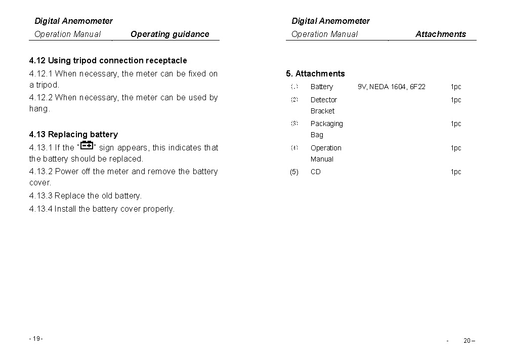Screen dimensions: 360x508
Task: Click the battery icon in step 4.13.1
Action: (x=87, y=146)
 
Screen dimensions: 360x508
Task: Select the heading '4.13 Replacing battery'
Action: (x=73, y=135)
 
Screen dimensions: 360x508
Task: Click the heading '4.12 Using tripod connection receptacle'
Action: (x=108, y=61)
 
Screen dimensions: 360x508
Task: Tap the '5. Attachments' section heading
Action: (x=315, y=74)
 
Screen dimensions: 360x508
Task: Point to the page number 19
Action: (x=36, y=339)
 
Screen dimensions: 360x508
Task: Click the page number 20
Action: (x=468, y=340)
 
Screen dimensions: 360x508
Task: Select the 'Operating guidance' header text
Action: (x=170, y=34)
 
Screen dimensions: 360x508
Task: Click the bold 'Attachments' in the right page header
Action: (x=441, y=34)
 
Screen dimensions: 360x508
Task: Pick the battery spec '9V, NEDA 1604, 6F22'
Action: (x=391, y=87)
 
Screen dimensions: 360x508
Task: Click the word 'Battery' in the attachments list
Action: (x=321, y=87)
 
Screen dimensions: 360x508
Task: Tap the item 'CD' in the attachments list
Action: (x=315, y=172)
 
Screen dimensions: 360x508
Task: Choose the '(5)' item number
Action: (x=294, y=172)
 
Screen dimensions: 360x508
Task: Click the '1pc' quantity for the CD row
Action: (x=456, y=172)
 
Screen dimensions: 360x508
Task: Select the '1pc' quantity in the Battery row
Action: (x=456, y=87)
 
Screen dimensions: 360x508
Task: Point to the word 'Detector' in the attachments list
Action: (x=323, y=100)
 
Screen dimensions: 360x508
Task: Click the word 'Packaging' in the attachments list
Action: (x=326, y=124)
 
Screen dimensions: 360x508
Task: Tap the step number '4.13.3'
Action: (x=41, y=196)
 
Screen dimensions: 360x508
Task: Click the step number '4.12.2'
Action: (x=41, y=98)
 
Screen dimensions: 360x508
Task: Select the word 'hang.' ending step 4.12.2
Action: (x=39, y=109)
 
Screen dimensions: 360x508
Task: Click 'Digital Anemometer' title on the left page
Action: (x=73, y=21)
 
